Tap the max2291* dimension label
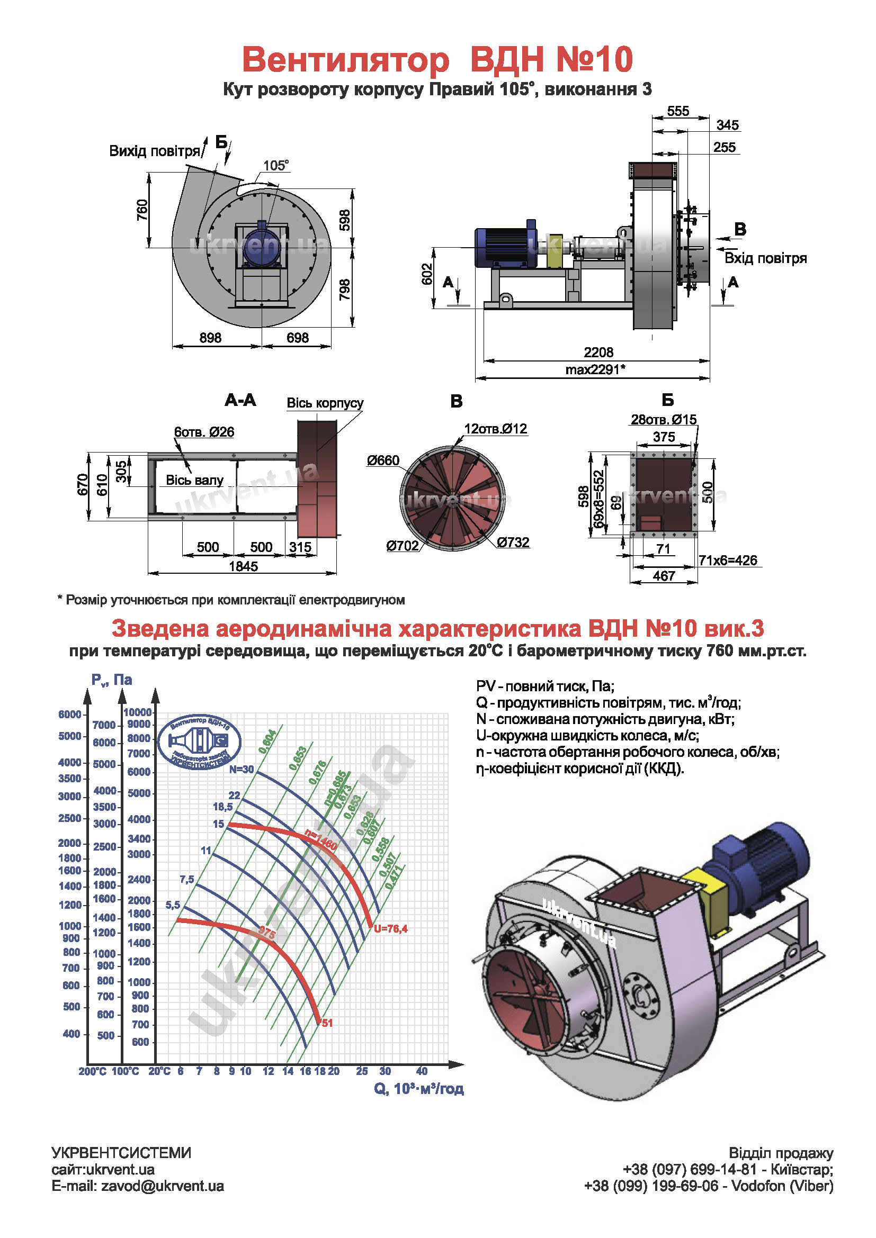[x=595, y=369]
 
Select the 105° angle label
[x=275, y=165]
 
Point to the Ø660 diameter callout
[x=383, y=460]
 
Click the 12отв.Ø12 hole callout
[x=495, y=429]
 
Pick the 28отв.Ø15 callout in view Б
[x=664, y=420]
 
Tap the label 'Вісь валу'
[x=195, y=480]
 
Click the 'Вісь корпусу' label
[x=325, y=403]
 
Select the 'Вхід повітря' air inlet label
[x=765, y=258]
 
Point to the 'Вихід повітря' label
[x=154, y=151]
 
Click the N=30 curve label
[x=241, y=770]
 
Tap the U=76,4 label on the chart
[x=390, y=928]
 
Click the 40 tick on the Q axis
[x=421, y=1071]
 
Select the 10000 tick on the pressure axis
[x=138, y=712]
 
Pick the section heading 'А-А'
[x=240, y=400]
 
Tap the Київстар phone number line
[x=728, y=1170]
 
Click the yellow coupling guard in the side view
[x=555, y=251]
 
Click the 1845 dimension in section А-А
[x=243, y=566]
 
